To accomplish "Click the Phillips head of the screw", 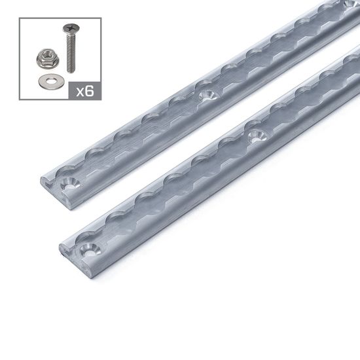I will [69, 29].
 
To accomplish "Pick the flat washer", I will [48, 81].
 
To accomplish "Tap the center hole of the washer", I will [48, 81].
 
